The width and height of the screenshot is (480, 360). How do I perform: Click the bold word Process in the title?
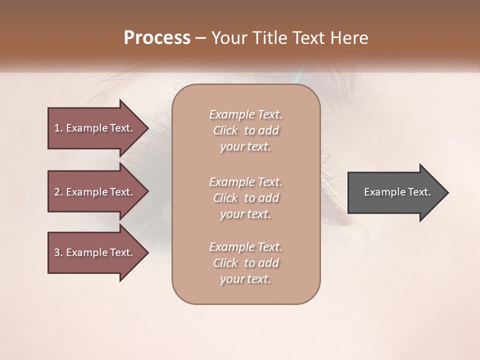tap(157, 38)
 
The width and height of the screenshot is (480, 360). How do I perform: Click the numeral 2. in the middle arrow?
tap(58, 192)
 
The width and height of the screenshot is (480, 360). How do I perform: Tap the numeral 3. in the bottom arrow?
tap(58, 252)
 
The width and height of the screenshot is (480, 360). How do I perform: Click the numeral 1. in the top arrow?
tap(58, 128)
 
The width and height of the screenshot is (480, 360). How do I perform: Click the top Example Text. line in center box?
tap(246, 114)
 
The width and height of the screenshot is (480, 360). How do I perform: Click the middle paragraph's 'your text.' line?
tap(246, 214)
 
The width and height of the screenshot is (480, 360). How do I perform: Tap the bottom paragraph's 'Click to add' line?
tap(246, 263)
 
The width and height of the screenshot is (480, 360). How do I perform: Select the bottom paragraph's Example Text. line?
tap(246, 247)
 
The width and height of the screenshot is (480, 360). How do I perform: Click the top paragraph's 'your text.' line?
tap(246, 147)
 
